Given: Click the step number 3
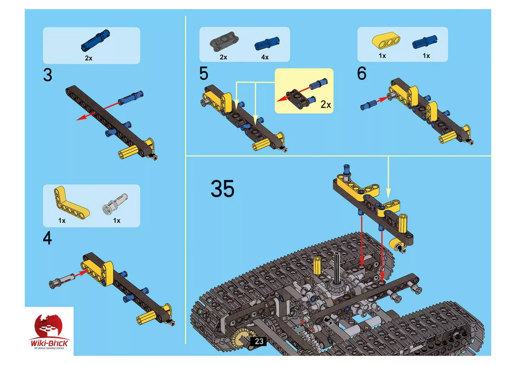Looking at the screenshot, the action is pos(48,75).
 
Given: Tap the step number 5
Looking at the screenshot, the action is pos(204,73).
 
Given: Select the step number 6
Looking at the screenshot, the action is pos(362,73).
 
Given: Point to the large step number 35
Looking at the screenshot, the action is pos(222,189).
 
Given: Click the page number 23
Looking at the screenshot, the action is pos(259,341).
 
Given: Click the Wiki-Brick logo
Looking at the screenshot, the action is pos(49,332).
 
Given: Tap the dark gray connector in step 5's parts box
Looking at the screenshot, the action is pos(224,41).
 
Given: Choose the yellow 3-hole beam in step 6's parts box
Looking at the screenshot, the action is pos(386,40).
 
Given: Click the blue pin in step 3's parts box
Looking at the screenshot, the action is pos(95,40).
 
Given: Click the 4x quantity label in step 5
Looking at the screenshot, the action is pos(265,57).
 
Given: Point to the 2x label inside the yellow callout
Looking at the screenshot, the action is pos(326,104).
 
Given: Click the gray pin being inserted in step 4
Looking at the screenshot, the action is pos(62,280).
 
